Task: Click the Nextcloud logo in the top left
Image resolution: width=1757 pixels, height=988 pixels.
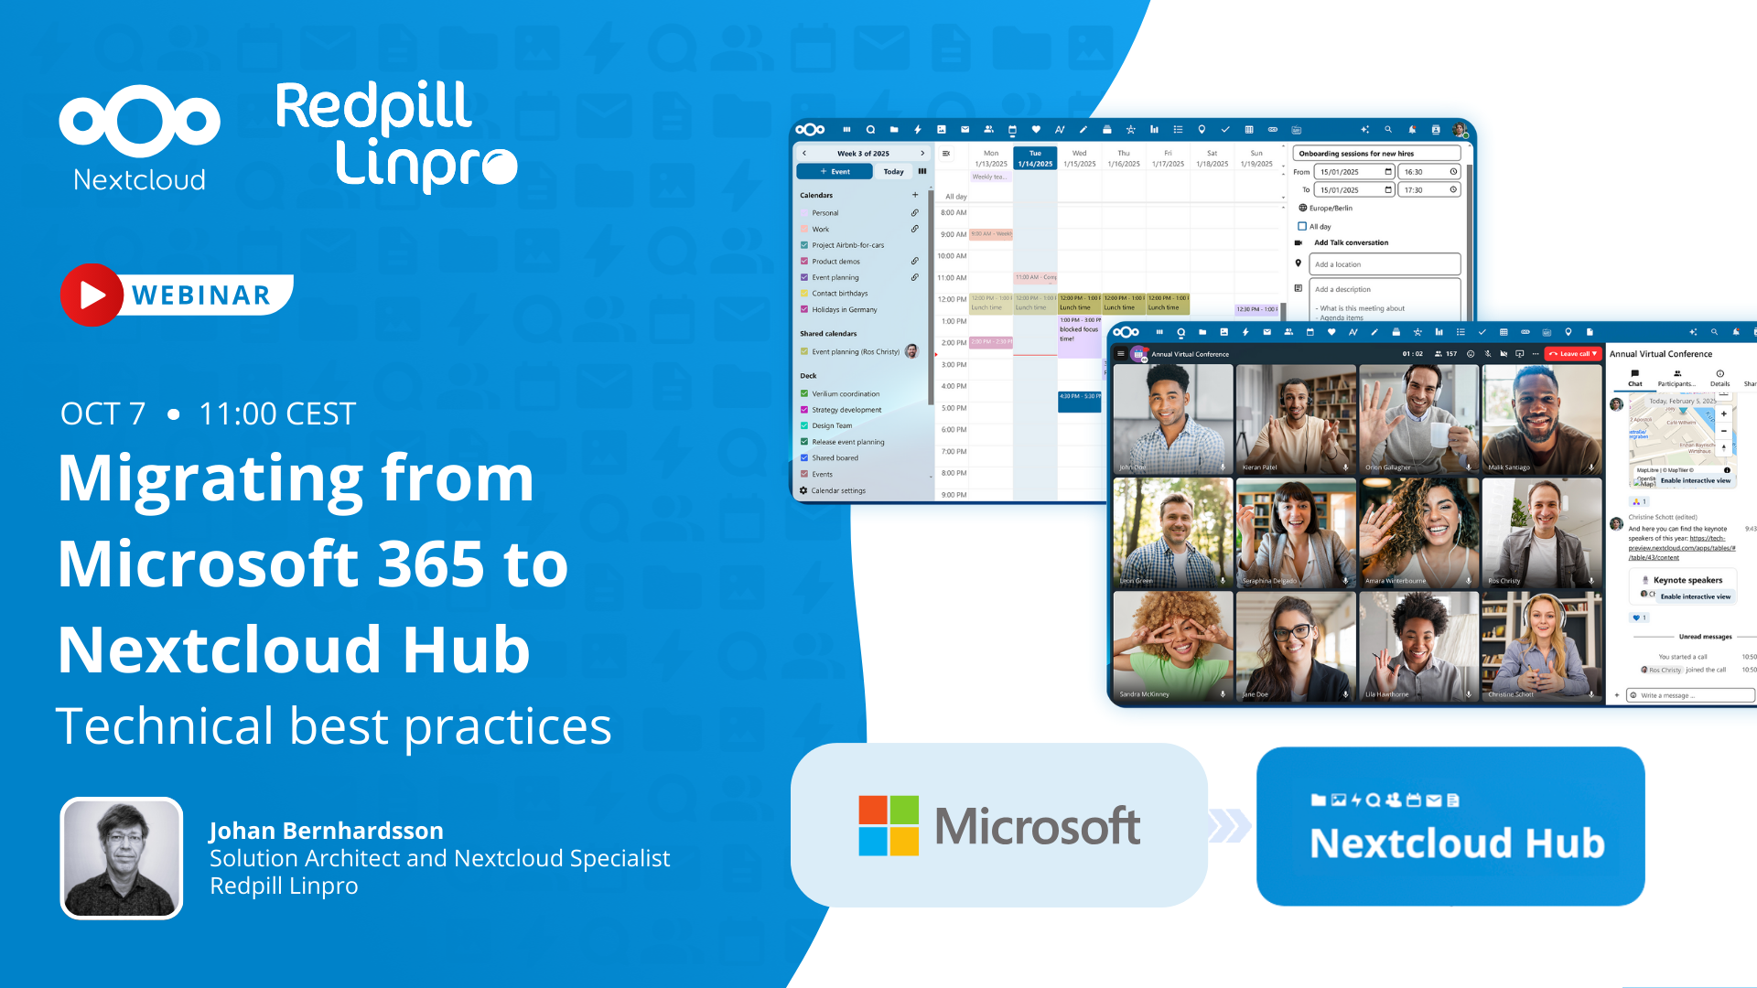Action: point(139,137)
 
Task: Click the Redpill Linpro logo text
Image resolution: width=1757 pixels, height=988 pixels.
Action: point(395,135)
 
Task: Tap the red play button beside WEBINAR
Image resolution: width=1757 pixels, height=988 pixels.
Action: point(91,295)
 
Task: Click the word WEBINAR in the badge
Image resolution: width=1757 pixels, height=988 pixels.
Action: point(201,295)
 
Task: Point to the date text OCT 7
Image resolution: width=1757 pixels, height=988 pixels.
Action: point(102,413)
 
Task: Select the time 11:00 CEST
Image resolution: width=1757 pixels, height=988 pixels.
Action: point(277,413)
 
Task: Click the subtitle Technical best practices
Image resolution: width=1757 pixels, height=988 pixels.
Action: point(333,726)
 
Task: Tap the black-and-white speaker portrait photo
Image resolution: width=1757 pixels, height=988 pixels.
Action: point(122,858)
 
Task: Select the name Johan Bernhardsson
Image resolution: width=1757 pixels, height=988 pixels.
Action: point(326,830)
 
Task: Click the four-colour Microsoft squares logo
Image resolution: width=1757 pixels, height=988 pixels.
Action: point(888,825)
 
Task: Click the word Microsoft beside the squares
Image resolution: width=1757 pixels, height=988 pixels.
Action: point(1037,826)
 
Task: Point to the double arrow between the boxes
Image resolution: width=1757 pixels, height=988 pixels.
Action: point(1230,825)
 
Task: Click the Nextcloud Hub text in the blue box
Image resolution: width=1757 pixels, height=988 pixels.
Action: point(1457,843)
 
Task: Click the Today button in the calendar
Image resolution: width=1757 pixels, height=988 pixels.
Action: point(893,171)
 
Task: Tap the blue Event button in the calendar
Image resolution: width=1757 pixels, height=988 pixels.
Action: point(835,171)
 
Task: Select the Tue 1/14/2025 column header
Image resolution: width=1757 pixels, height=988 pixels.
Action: point(1035,158)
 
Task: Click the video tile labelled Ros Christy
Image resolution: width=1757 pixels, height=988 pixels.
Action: point(1542,532)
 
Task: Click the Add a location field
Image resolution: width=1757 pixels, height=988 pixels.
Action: point(1384,264)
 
